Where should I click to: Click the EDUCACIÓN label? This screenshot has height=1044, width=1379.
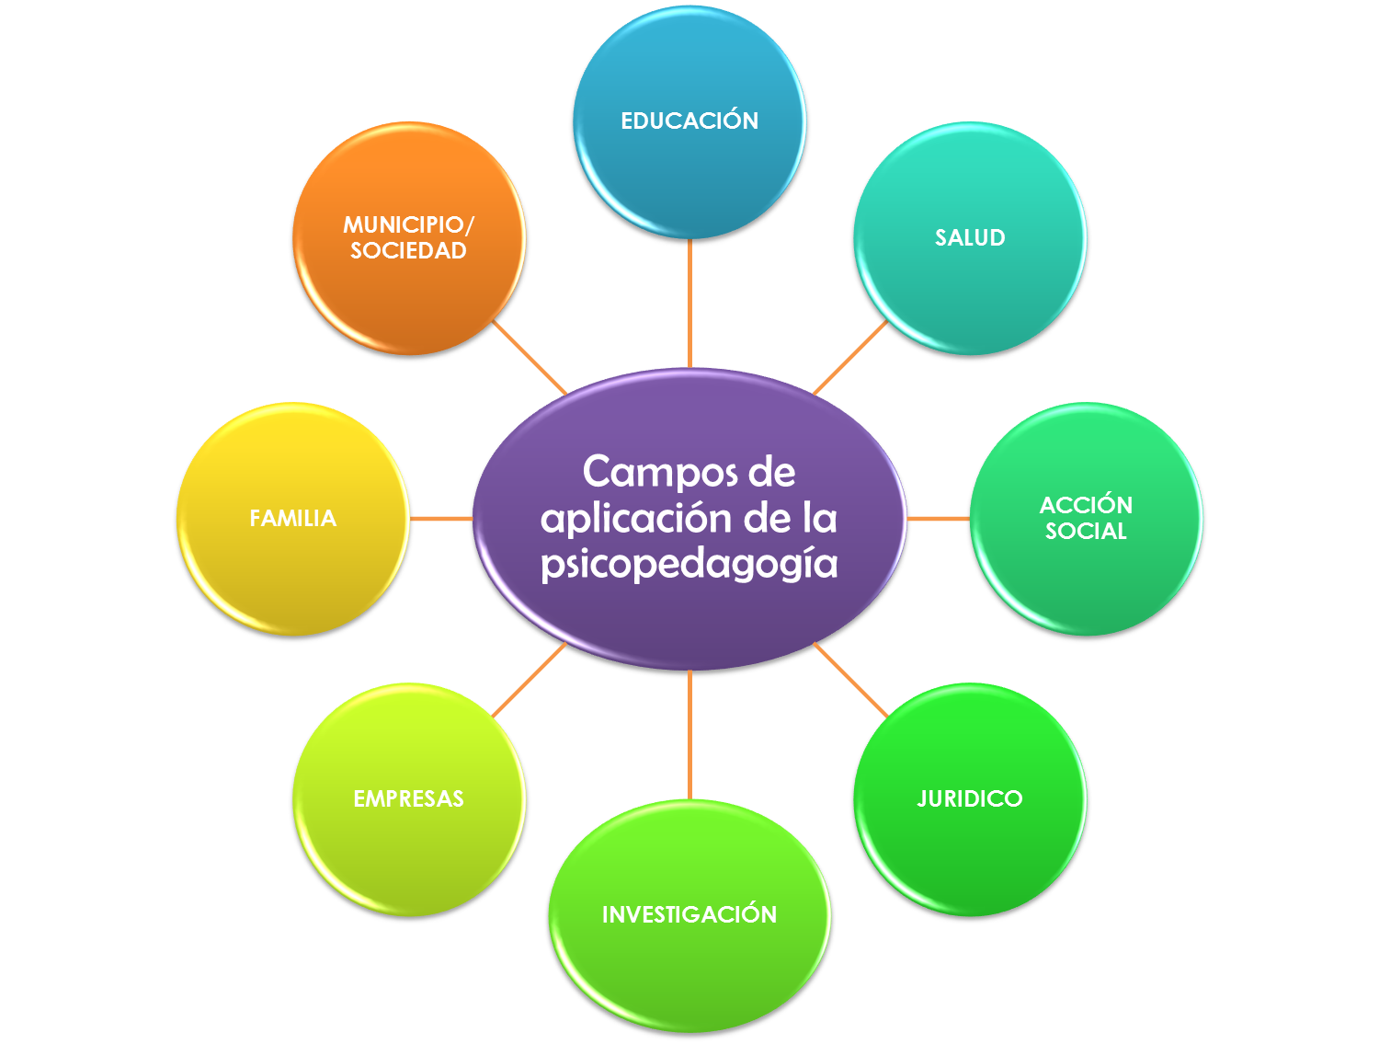[689, 120]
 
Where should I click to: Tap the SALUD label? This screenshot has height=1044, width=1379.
[970, 237]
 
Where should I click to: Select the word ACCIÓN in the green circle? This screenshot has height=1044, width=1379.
[1086, 505]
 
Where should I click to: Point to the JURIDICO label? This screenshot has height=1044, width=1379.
[970, 798]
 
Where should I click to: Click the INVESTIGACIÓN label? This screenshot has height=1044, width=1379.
[689, 914]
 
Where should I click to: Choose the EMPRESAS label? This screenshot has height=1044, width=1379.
[408, 798]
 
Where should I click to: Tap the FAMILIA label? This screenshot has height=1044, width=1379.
[292, 519]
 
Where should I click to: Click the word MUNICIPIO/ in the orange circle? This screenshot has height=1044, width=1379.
[408, 224]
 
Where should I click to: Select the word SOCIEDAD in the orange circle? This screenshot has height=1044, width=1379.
[408, 250]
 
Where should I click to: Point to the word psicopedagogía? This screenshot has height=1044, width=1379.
[689, 563]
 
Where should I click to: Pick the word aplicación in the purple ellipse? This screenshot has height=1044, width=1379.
[635, 519]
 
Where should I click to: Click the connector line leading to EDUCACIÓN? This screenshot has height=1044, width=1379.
[689, 304]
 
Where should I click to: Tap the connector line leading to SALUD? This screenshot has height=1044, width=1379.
[850, 357]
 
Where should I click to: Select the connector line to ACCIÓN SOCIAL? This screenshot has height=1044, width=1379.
[938, 519]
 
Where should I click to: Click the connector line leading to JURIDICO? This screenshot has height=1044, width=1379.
[850, 680]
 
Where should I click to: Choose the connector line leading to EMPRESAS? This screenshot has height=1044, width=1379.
[530, 680]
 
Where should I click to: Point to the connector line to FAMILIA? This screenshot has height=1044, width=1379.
[440, 519]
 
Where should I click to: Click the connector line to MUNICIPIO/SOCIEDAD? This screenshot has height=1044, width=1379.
[530, 357]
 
